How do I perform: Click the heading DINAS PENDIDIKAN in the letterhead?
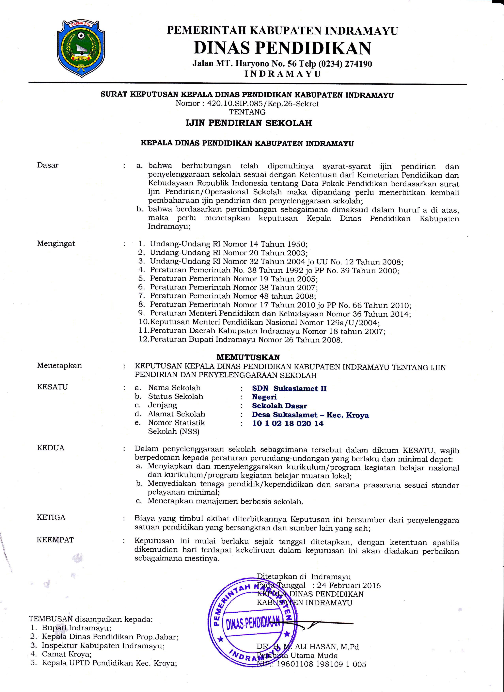coord(282,48)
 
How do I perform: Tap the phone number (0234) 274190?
coord(345,64)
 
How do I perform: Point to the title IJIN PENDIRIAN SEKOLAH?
coord(249,123)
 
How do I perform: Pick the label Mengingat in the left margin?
coord(56,244)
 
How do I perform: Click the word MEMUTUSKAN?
coord(248,357)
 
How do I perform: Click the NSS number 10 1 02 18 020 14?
coord(288,423)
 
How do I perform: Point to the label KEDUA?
coord(51,448)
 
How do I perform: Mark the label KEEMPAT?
coord(55,540)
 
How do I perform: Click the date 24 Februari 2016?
coord(349,585)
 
